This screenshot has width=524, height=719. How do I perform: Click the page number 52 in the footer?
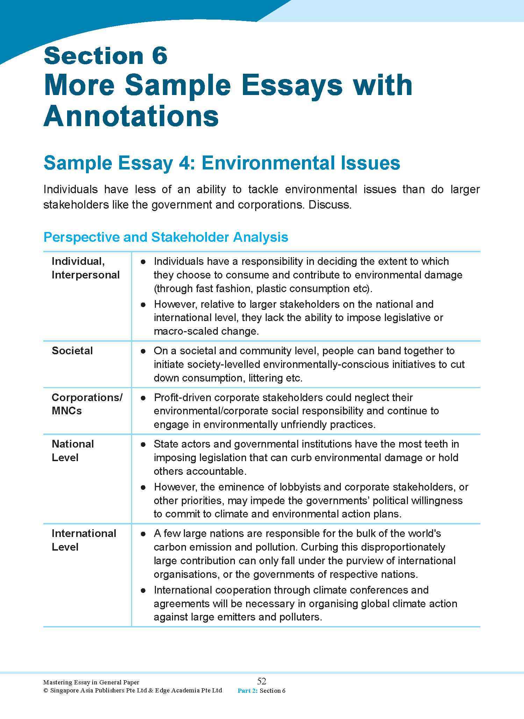(x=261, y=681)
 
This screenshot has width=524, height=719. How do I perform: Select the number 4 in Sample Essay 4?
(x=184, y=163)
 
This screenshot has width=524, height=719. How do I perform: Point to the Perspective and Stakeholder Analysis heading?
(x=166, y=237)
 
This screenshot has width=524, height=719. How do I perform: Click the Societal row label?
(x=72, y=351)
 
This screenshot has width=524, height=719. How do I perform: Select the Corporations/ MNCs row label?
(x=87, y=404)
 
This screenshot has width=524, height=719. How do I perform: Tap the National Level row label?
(x=73, y=451)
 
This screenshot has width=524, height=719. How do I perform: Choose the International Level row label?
(x=84, y=540)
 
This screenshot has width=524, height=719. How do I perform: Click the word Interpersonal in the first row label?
(x=86, y=275)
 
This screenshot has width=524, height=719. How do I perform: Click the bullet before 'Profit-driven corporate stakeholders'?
(x=143, y=398)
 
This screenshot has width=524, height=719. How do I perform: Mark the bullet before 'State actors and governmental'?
(x=143, y=444)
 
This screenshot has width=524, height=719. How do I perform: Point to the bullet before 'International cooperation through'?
(x=143, y=590)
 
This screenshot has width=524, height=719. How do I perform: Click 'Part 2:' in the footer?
(x=247, y=691)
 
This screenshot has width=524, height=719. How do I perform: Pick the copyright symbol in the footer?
(x=45, y=690)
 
